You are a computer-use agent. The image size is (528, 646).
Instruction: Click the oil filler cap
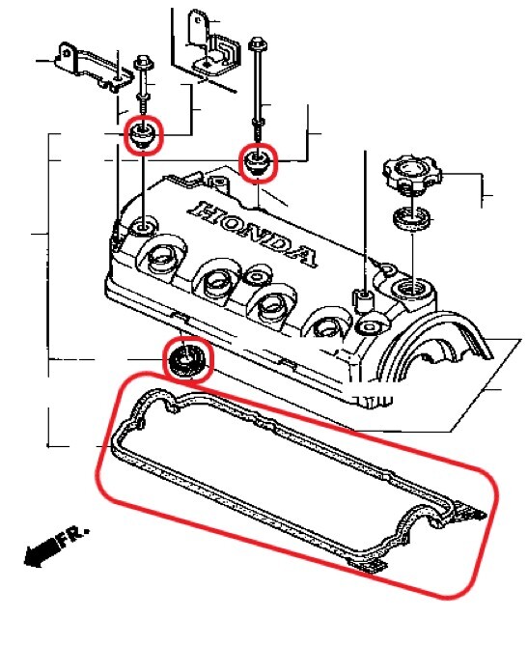[x=412, y=173]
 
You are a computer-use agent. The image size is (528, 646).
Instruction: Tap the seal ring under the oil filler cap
[x=412, y=218]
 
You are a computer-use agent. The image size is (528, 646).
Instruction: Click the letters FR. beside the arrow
[x=74, y=537]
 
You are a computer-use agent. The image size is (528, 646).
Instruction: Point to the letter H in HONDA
[x=205, y=211]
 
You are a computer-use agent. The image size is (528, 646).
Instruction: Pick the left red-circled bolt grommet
[x=143, y=135]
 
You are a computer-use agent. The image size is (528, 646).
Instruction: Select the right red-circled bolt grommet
[x=258, y=161]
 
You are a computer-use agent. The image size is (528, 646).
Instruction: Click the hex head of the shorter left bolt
[x=144, y=62]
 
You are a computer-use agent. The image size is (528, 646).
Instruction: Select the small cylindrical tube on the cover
[x=362, y=300]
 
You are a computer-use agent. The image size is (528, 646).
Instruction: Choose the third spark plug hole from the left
[x=274, y=306]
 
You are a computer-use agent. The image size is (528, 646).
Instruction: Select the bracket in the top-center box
[x=212, y=44]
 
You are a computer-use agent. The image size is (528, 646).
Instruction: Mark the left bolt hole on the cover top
[x=143, y=228]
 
